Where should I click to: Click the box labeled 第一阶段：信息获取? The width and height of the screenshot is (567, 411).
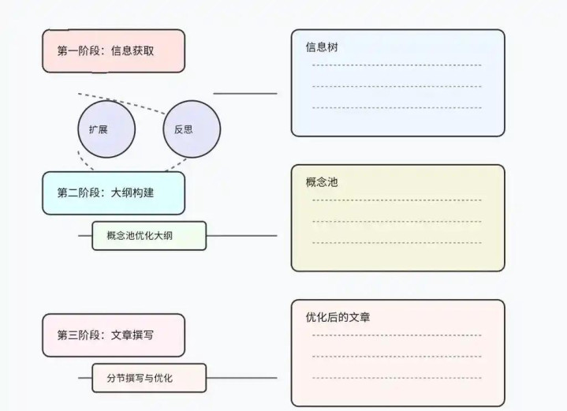pyautogui.click(x=113, y=50)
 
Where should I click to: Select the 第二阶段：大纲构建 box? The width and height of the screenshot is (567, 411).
pyautogui.click(x=113, y=192)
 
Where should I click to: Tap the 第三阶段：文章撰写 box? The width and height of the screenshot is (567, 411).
pyautogui.click(x=113, y=334)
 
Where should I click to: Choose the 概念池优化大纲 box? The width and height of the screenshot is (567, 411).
pyautogui.click(x=148, y=235)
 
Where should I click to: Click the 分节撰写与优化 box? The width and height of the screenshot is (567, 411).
pyautogui.click(x=148, y=378)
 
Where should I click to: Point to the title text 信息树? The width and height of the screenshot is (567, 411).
pyautogui.click(x=322, y=47)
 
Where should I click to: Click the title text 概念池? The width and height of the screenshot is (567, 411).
pyautogui.click(x=322, y=182)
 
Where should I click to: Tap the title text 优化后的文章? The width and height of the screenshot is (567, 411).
pyautogui.click(x=338, y=317)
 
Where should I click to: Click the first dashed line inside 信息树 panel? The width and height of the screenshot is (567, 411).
pyautogui.click(x=397, y=65)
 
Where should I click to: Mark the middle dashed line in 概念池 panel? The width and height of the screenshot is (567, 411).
pyautogui.click(x=397, y=221)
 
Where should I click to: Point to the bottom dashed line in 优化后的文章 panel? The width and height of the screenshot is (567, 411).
pyautogui.click(x=397, y=377)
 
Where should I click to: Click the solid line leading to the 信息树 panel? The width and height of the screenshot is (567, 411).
pyautogui.click(x=244, y=93)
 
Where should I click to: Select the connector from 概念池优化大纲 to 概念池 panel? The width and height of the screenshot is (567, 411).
pyautogui.click(x=241, y=235)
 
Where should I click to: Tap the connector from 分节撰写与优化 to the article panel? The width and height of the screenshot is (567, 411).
pyautogui.click(x=241, y=378)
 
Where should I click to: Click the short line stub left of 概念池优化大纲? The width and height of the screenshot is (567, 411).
pyautogui.click(x=85, y=235)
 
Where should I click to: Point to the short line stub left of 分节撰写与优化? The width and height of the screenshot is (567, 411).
pyautogui.click(x=85, y=378)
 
